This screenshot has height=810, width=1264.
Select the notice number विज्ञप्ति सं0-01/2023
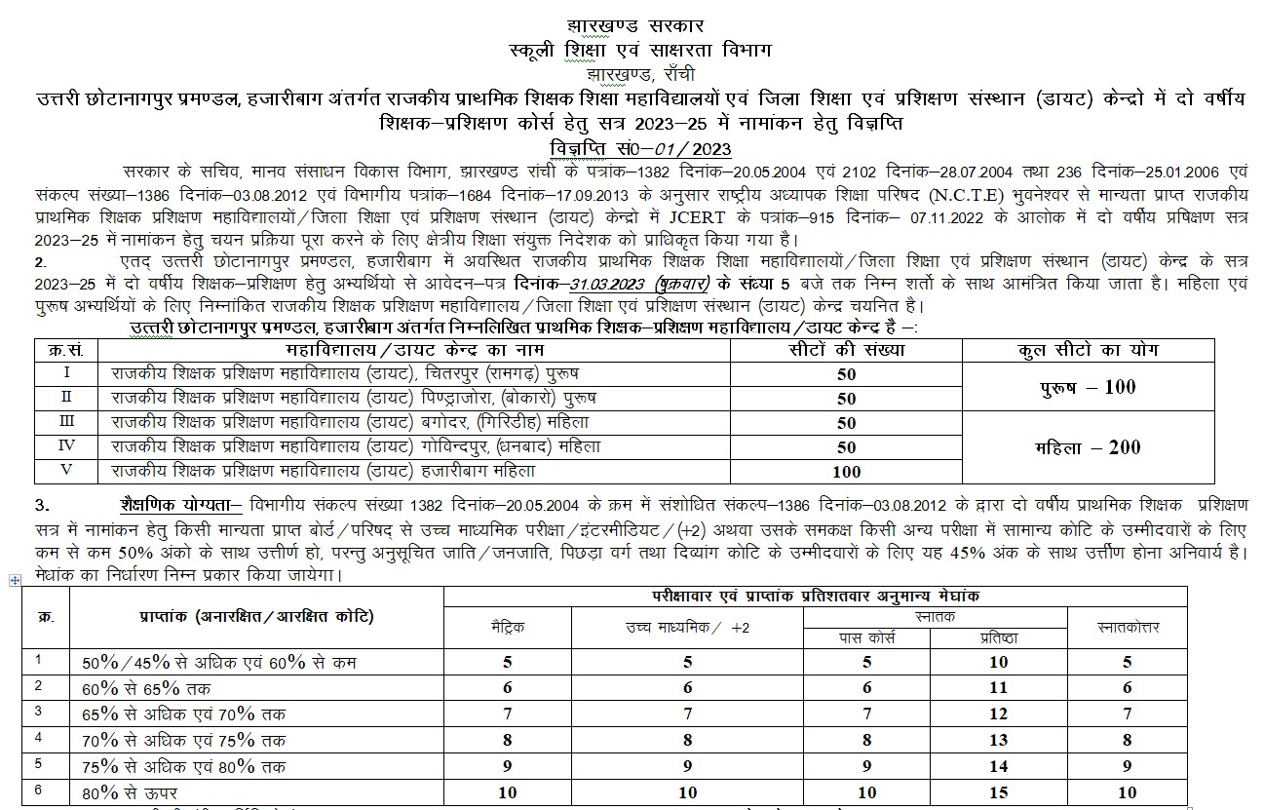click(x=632, y=148)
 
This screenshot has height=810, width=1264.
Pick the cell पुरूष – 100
click(x=1087, y=387)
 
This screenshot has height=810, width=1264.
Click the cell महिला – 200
click(x=1087, y=447)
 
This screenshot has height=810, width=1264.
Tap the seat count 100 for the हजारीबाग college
click(x=846, y=472)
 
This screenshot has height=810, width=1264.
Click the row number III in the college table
click(x=66, y=422)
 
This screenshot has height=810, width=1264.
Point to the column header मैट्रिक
click(x=507, y=628)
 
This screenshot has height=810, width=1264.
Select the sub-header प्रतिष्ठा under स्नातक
click(x=999, y=637)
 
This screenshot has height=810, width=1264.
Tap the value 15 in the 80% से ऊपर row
click(x=999, y=791)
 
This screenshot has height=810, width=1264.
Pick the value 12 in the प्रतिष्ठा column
click(x=999, y=714)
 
